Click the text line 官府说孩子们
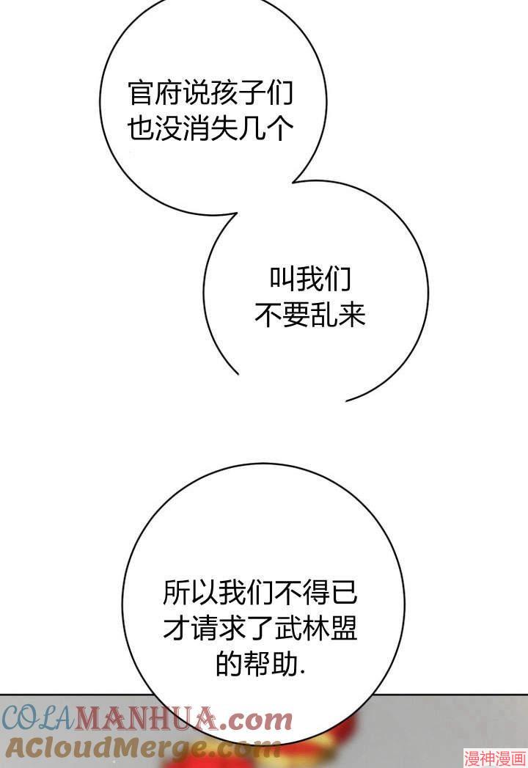coord(210,93)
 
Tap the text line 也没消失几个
coord(210,129)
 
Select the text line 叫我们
coord(310,279)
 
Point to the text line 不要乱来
coord(310,315)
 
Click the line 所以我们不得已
coord(260,592)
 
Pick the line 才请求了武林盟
coord(260,628)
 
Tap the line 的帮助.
coord(260,664)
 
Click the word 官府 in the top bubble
coord(155,93)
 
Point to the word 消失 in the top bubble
coord(210,129)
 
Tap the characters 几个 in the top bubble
coord(266,129)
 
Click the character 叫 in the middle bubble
coord(282,279)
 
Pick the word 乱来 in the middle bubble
coord(339,315)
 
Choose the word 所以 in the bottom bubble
coord(190,592)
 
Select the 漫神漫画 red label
coord(495,759)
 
